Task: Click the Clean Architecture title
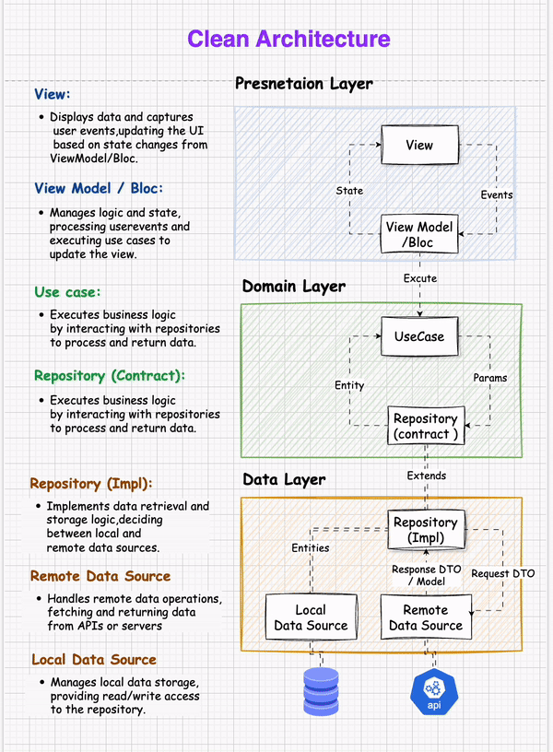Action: point(288,39)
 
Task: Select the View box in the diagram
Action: point(419,146)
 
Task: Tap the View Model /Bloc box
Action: point(419,235)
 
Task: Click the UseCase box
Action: point(419,336)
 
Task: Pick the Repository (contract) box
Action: point(425,427)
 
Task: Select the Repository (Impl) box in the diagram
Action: point(425,530)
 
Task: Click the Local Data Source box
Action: point(310,617)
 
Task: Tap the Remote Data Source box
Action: point(425,617)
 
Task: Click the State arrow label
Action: point(349,191)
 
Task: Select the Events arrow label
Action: point(497,195)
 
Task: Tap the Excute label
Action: point(420,278)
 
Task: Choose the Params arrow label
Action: point(490,378)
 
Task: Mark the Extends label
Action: point(427,476)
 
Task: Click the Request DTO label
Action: point(502,573)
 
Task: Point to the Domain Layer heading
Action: point(293,287)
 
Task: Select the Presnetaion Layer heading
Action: point(303,84)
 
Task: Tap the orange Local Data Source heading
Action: point(94,660)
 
